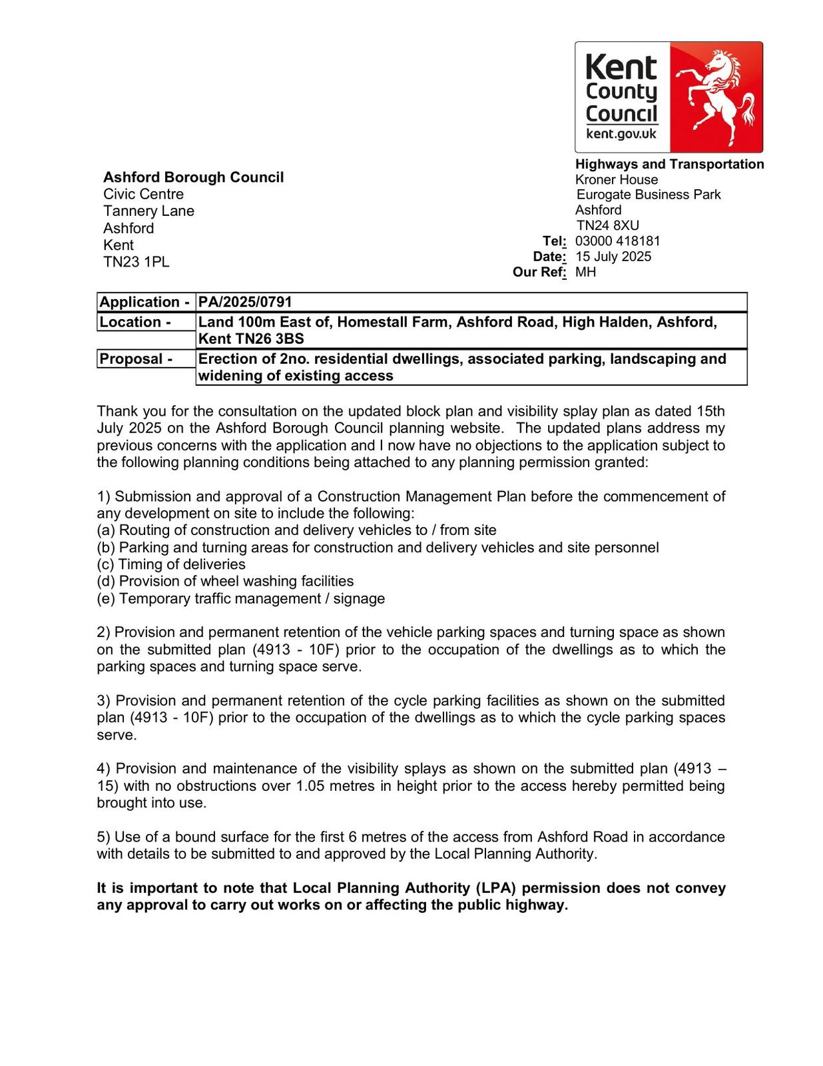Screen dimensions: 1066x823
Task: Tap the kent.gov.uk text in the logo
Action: click(x=621, y=134)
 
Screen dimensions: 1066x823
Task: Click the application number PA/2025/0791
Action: click(x=245, y=302)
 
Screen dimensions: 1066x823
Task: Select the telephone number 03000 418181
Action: click(x=617, y=241)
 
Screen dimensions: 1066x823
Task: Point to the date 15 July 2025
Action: click(x=613, y=257)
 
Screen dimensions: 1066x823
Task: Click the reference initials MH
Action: click(x=585, y=272)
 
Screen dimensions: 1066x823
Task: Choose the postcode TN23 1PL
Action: click(x=136, y=263)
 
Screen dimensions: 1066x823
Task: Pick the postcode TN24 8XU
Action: click(x=607, y=226)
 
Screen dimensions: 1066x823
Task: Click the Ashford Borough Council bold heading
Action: click(x=193, y=177)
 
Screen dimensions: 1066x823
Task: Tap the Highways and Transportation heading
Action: click(x=669, y=165)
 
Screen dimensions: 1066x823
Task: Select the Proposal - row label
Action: click(x=136, y=359)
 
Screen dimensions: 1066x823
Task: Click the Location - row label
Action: click(x=135, y=322)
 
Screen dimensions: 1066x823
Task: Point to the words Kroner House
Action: click(x=617, y=180)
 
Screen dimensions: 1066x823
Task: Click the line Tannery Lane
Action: click(x=148, y=211)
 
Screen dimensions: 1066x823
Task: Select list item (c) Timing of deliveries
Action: click(x=171, y=564)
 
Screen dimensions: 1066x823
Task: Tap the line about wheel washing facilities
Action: click(x=225, y=582)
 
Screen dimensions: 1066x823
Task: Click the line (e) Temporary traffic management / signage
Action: click(x=240, y=598)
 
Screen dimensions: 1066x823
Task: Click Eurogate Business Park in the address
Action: click(x=649, y=195)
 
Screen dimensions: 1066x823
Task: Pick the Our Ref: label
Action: click(x=539, y=272)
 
